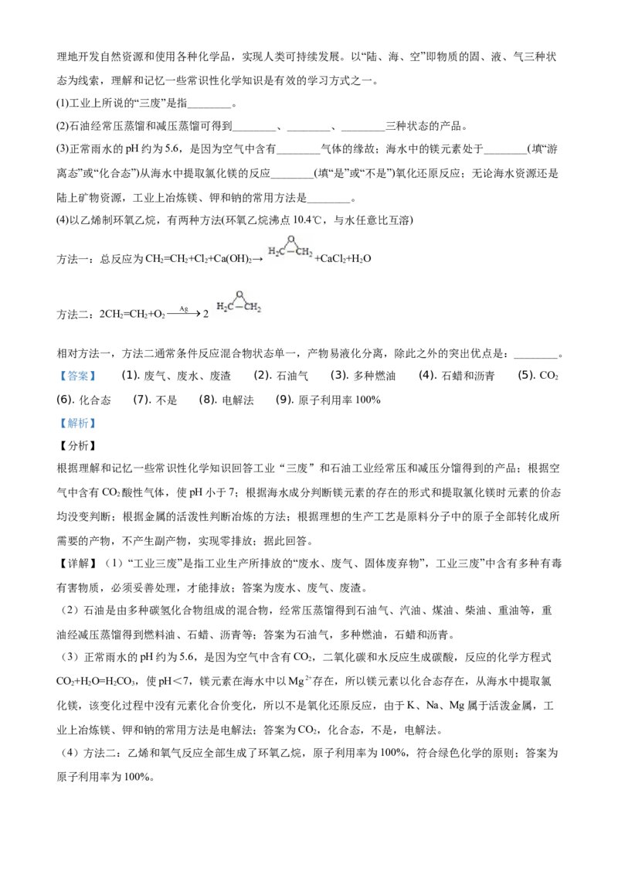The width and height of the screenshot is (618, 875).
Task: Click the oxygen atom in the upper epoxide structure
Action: (290, 239)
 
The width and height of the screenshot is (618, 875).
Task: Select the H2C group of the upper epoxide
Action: (276, 252)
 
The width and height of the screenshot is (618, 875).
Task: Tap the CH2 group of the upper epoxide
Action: (304, 252)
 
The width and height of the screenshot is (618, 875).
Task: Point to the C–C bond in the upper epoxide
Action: (290, 252)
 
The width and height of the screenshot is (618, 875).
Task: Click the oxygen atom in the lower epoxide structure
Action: (240, 295)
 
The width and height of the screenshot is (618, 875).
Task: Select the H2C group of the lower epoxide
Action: (225, 308)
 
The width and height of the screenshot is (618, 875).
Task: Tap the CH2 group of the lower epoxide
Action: (253, 308)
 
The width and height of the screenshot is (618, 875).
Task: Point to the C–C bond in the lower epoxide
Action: (240, 308)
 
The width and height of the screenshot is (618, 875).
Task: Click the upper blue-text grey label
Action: (77, 376)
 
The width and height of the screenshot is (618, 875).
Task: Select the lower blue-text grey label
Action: (77, 424)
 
